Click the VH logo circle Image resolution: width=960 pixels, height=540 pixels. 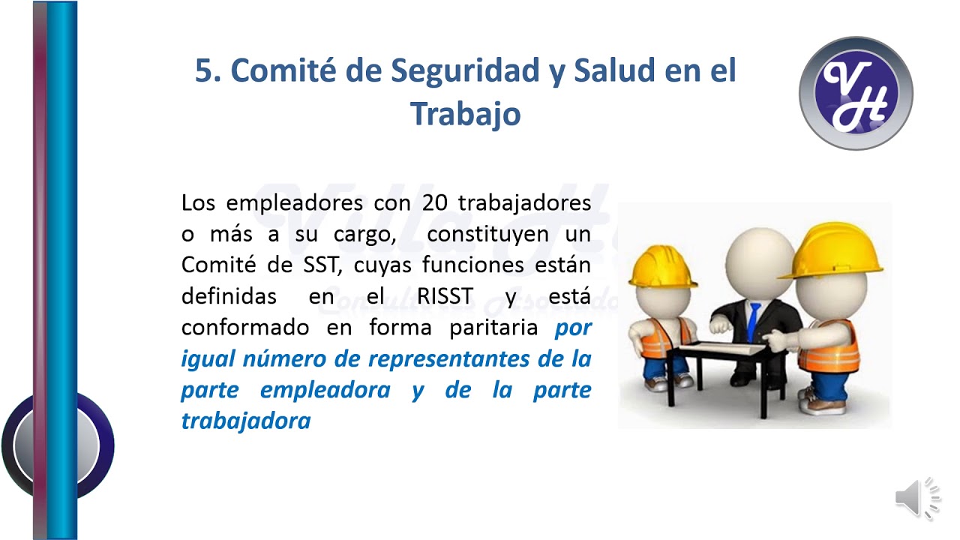click(x=856, y=93)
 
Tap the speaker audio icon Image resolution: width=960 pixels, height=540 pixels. click(x=916, y=497)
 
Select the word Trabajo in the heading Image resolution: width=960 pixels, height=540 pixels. click(x=465, y=113)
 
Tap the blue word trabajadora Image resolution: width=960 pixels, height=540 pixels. click(x=246, y=421)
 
